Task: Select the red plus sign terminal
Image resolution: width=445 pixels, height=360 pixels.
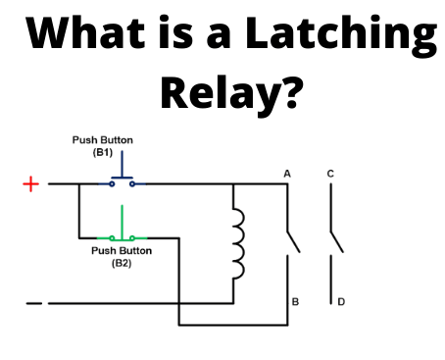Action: tap(31, 183)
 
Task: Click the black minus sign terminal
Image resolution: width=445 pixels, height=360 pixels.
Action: tap(33, 303)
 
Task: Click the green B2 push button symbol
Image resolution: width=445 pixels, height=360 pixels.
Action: tap(122, 230)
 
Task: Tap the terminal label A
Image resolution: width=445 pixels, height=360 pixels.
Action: tap(287, 174)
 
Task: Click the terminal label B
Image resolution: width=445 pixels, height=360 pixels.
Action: tap(294, 302)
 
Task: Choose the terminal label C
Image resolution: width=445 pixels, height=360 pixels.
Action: tap(330, 174)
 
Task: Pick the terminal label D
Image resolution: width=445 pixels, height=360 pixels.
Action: tap(340, 302)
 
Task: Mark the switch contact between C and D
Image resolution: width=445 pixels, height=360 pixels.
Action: tap(336, 241)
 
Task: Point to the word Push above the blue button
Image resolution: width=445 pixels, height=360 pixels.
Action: tap(85, 140)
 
